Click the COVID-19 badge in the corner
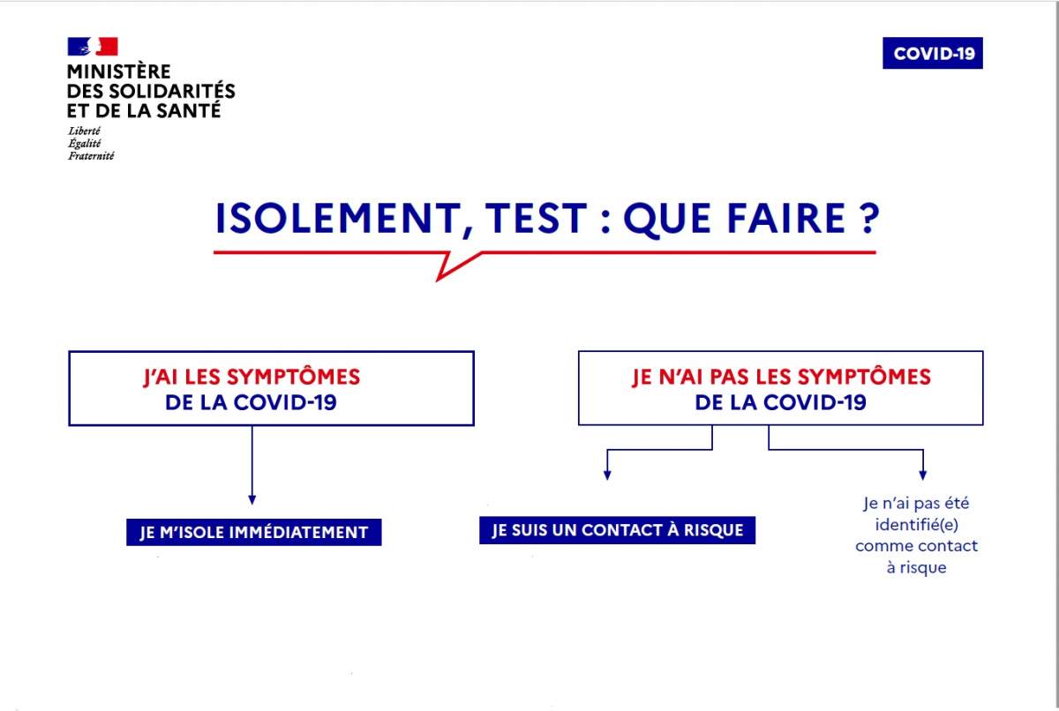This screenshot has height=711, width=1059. (932, 53)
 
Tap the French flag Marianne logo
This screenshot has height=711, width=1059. (93, 46)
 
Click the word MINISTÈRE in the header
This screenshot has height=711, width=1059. (118, 71)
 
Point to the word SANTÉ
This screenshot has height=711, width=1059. (188, 110)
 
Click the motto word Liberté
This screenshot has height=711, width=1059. (84, 131)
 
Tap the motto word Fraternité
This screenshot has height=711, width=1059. (91, 156)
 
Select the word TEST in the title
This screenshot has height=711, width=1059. (536, 218)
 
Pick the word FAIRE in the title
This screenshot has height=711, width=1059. (786, 218)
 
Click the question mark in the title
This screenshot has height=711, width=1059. (869, 218)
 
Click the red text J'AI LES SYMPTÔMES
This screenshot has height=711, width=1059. (252, 377)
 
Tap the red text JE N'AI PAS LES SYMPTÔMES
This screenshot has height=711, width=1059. (781, 377)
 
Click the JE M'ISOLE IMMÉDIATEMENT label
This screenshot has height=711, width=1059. (254, 533)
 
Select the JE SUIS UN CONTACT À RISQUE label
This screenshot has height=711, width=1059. (618, 530)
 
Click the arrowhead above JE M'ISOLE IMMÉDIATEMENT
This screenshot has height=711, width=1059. (252, 500)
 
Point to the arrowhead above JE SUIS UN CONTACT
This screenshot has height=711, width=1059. (607, 475)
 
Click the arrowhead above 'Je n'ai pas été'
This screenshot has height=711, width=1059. (923, 475)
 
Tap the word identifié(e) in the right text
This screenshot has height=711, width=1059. (917, 525)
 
